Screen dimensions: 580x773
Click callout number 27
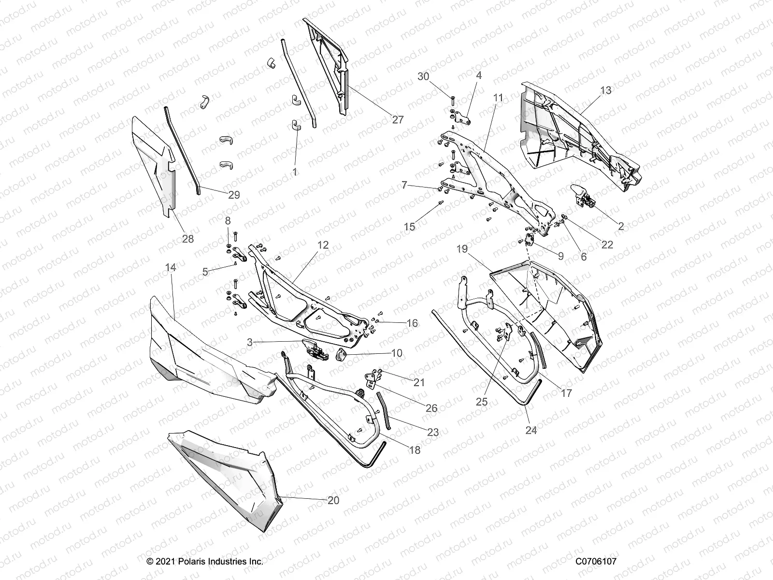(397, 119)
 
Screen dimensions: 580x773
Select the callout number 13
(605, 90)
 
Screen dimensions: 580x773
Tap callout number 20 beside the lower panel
(333, 500)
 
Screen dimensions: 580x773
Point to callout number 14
(171, 267)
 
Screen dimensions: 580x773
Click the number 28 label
(187, 238)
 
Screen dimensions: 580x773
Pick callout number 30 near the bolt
(423, 76)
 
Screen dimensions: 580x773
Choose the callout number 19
(462, 249)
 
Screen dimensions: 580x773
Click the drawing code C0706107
(596, 561)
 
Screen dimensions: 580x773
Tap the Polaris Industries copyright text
(205, 561)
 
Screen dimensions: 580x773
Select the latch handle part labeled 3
(311, 348)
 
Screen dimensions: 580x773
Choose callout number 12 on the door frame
(323, 245)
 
